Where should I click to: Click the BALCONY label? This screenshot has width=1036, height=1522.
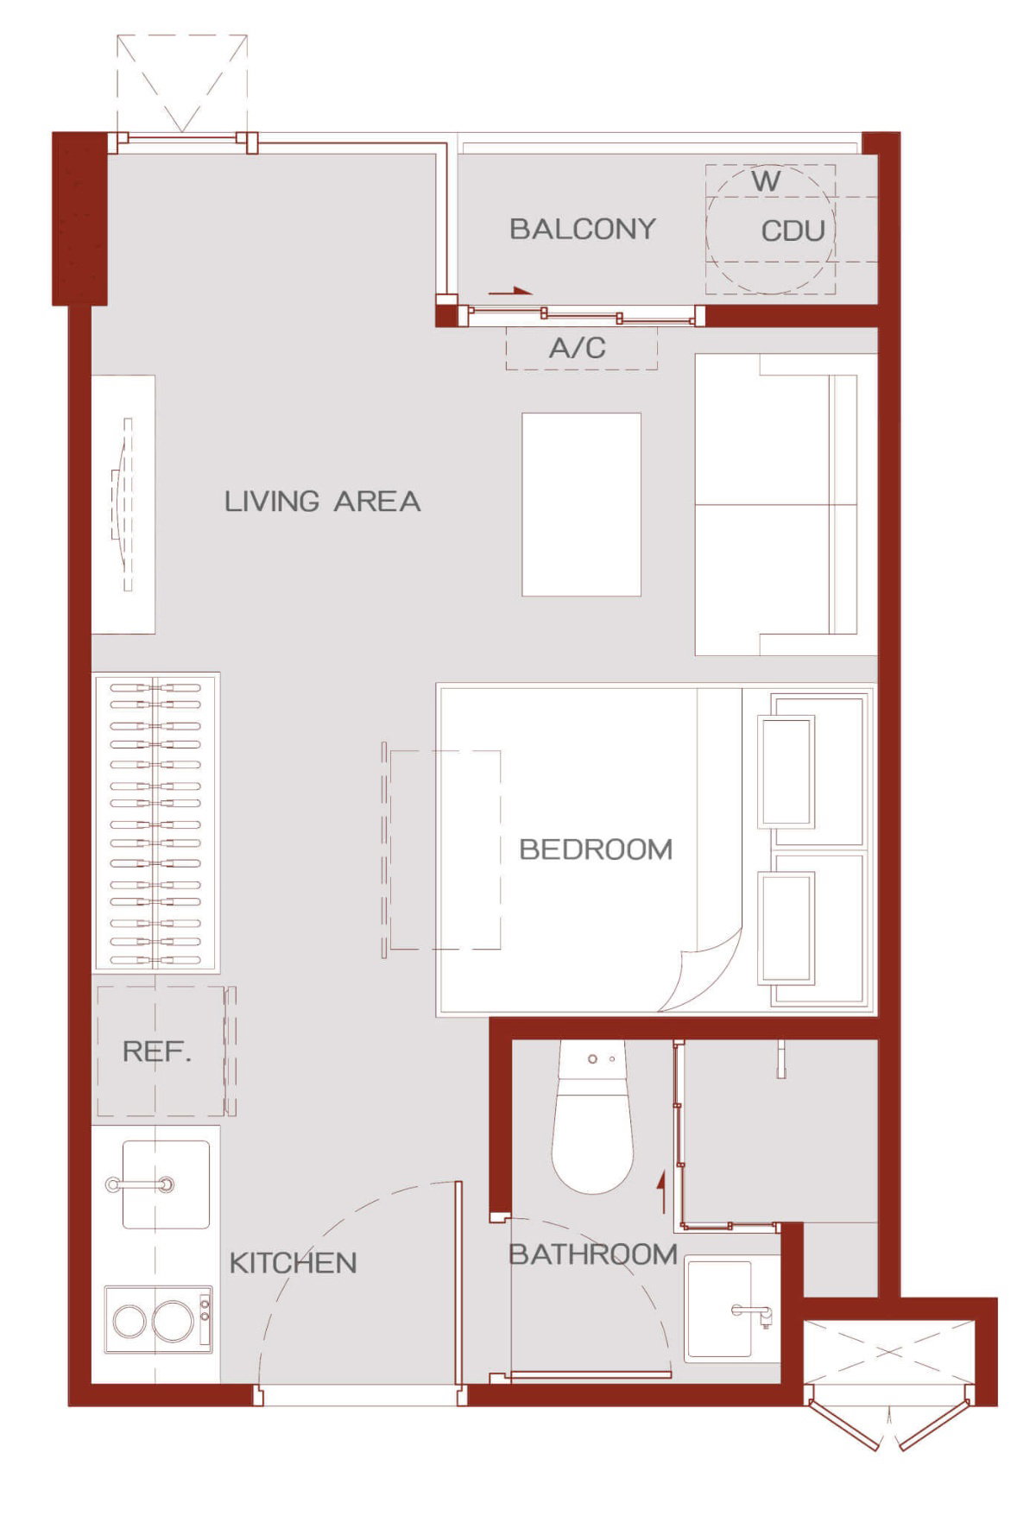pyautogui.click(x=583, y=229)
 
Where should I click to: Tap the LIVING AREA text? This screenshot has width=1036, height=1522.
pyautogui.click(x=323, y=501)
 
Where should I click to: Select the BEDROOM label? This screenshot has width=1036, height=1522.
pyautogui.click(x=596, y=849)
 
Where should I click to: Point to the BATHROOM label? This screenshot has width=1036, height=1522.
pyautogui.click(x=592, y=1254)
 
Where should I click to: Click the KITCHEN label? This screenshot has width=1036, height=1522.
pyautogui.click(x=293, y=1263)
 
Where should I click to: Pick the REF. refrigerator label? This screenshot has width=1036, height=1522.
pyautogui.click(x=157, y=1052)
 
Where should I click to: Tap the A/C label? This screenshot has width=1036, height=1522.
pyautogui.click(x=578, y=348)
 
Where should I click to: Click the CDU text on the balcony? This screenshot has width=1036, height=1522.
pyautogui.click(x=793, y=231)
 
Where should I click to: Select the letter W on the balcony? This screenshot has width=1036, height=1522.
pyautogui.click(x=766, y=181)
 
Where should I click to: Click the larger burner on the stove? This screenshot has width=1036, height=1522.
pyautogui.click(x=172, y=1320)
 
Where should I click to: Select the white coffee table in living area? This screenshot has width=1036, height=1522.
pyautogui.click(x=581, y=504)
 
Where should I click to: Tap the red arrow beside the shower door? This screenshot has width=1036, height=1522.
pyautogui.click(x=662, y=1191)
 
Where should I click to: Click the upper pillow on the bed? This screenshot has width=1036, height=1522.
pyautogui.click(x=786, y=771)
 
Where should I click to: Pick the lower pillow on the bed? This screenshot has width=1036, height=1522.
pyautogui.click(x=786, y=928)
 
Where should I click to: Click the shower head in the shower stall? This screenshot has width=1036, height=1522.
pyautogui.click(x=781, y=1059)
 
